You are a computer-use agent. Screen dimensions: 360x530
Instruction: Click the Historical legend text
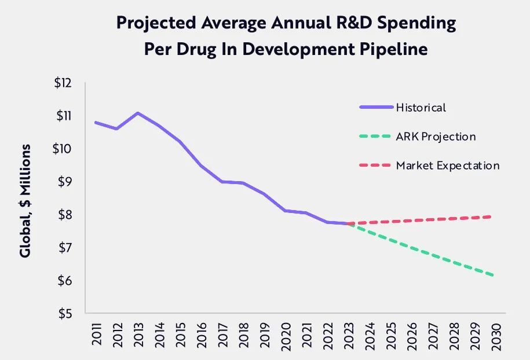(x=421, y=107)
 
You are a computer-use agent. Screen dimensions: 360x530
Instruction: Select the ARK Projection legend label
(x=436, y=137)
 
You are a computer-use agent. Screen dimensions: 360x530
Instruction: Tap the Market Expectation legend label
(x=448, y=166)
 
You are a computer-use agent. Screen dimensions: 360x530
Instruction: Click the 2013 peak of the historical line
(x=137, y=113)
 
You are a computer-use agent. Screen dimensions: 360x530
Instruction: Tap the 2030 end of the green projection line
(x=493, y=275)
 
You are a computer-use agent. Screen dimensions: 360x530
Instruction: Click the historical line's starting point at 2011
(x=96, y=122)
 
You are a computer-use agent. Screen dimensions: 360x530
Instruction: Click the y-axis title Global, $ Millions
(x=25, y=200)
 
